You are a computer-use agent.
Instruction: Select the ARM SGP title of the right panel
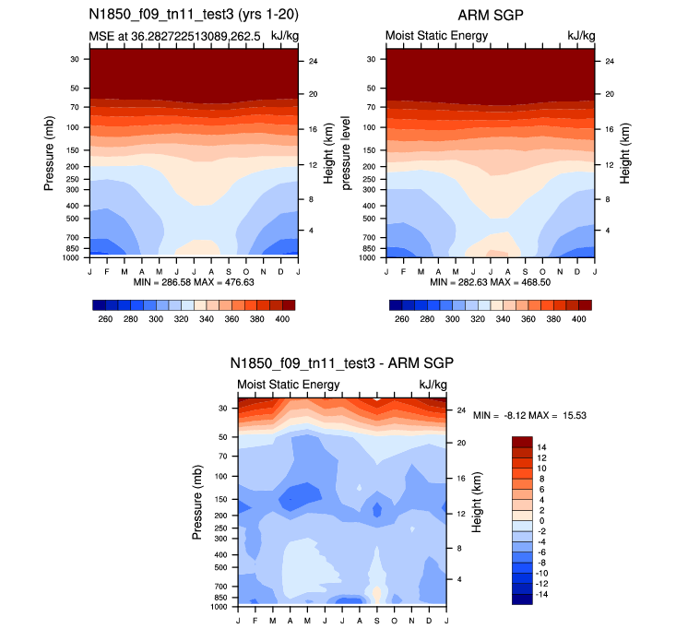click(489, 15)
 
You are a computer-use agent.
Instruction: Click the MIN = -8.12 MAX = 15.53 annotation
click(530, 416)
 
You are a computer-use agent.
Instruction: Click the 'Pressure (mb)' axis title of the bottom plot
click(198, 502)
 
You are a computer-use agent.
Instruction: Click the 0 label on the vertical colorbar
click(541, 520)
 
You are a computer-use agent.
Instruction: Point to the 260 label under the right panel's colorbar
click(400, 318)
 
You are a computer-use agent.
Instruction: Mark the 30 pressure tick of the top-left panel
click(73, 59)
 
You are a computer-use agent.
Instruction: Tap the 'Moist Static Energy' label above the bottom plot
click(289, 385)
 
